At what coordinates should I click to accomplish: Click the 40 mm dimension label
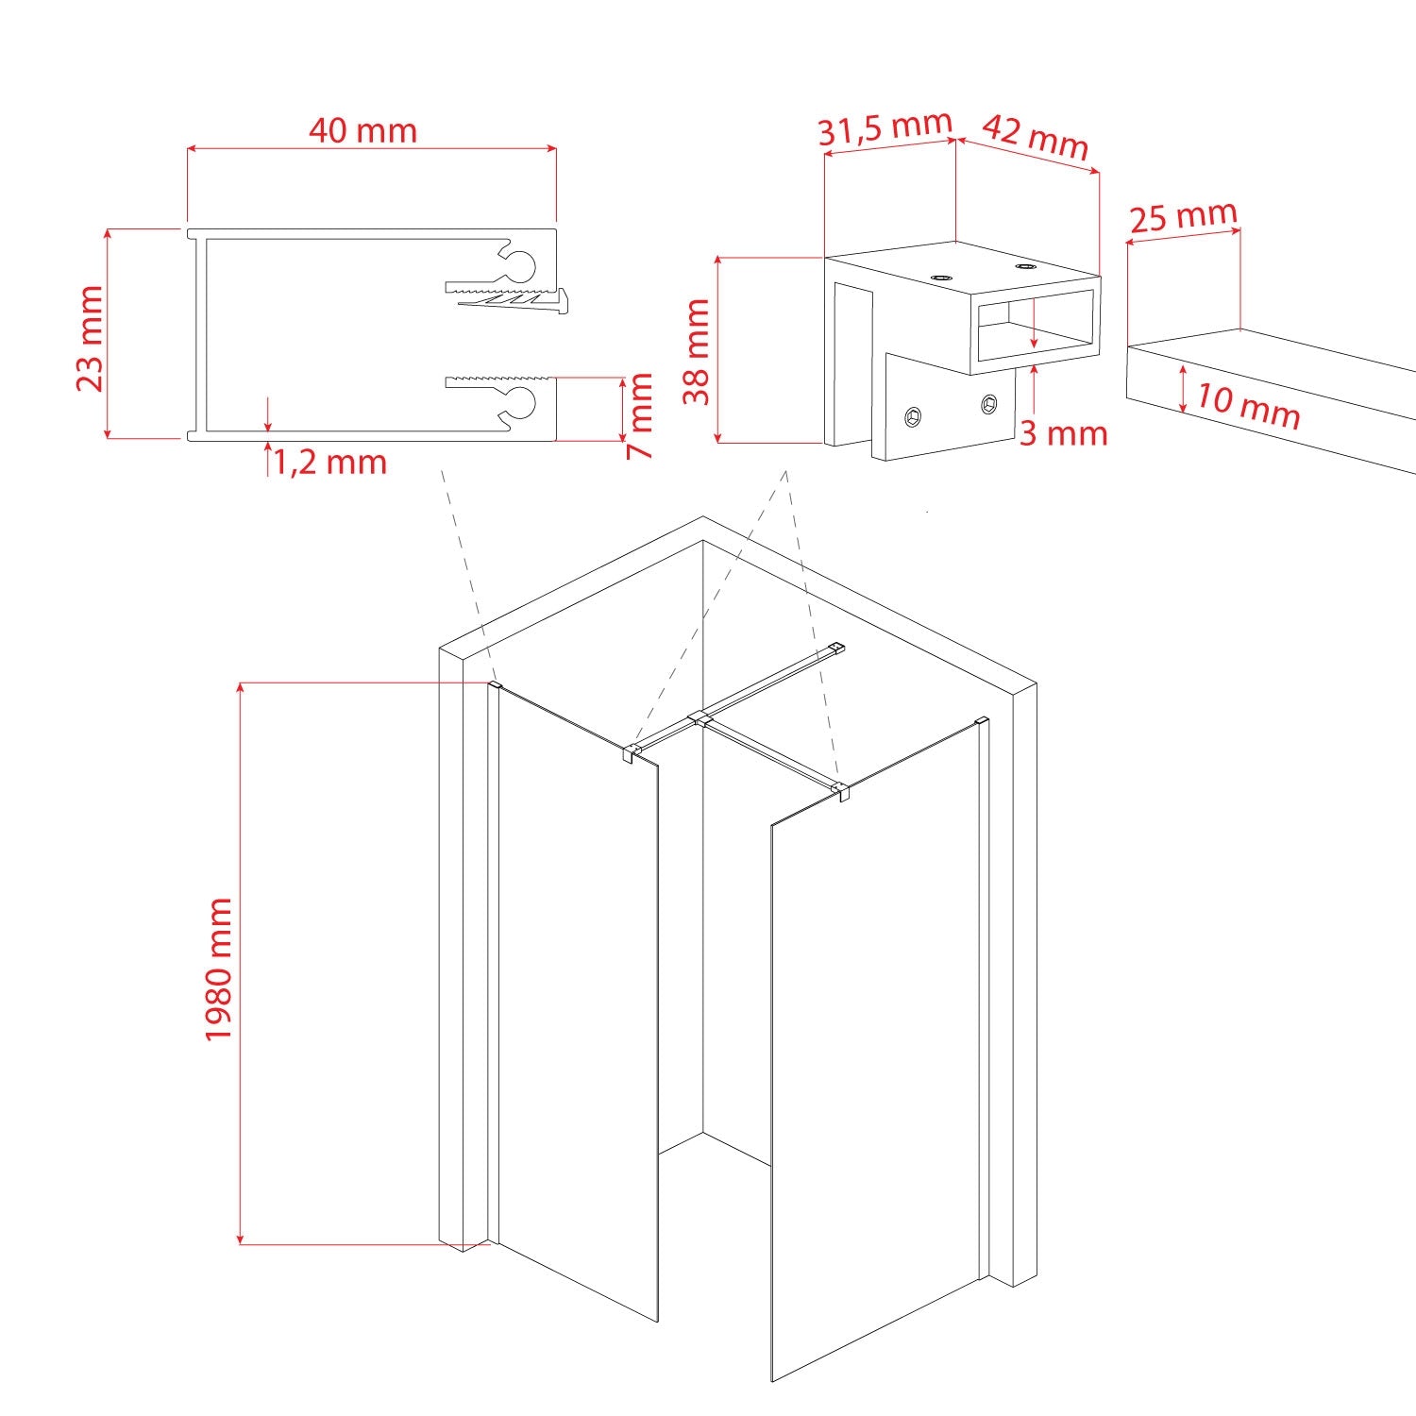pos(362,130)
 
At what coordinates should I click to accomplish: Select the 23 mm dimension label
pos(91,339)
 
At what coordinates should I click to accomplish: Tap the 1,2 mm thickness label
pos(330,462)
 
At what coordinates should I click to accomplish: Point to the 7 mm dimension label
pos(641,415)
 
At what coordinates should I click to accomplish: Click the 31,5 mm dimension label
pos(885,128)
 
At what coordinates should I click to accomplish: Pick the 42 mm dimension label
pos(1037,138)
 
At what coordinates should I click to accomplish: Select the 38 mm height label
pos(697,351)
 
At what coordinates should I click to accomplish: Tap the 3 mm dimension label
pos(1063,433)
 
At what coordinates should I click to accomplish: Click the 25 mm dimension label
pos(1183,217)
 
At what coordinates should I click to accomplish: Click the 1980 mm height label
pos(219,969)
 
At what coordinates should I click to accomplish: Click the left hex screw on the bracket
pos(915,415)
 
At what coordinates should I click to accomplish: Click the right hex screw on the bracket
pos(988,404)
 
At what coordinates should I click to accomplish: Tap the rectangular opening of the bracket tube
pos(1034,326)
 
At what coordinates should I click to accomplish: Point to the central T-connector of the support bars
pos(700,718)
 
